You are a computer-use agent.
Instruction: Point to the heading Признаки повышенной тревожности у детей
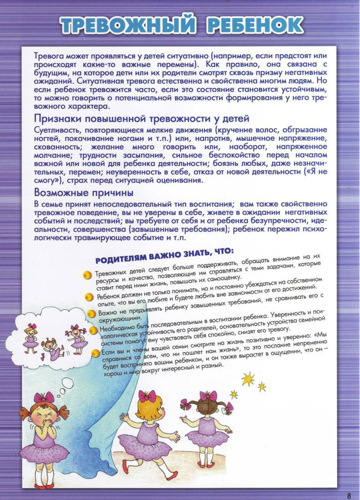tap(142, 119)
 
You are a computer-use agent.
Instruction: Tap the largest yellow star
tap(248, 378)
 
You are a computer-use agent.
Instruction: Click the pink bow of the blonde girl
tap(147, 396)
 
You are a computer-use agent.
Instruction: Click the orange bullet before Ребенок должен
tap(90, 297)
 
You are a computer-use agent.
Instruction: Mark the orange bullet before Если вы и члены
tap(95, 353)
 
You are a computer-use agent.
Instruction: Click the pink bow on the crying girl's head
tap(44, 397)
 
